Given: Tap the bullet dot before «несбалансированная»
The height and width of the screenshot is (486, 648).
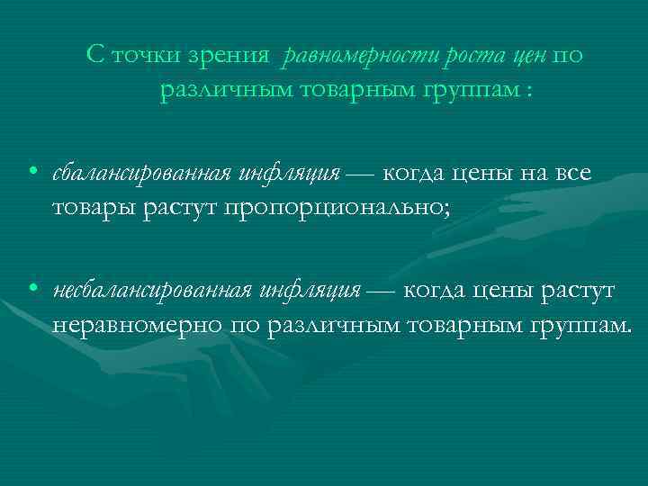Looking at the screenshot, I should [x=31, y=290].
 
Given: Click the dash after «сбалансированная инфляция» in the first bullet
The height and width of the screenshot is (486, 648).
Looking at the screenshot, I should [x=362, y=173].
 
